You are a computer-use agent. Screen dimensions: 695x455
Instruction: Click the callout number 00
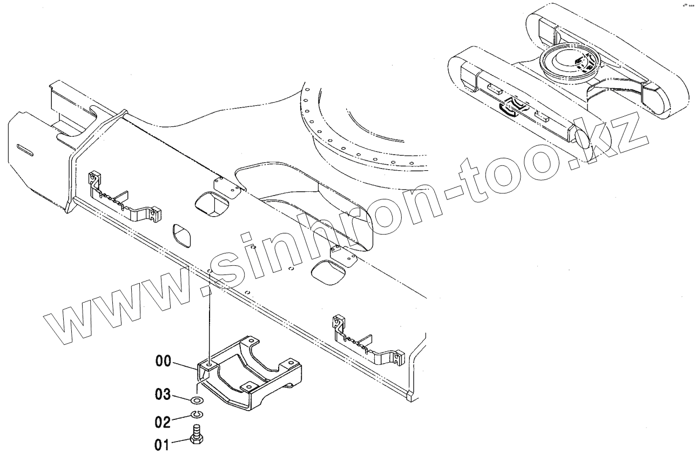pos(164,362)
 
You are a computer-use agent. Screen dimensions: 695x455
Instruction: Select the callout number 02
pos(164,420)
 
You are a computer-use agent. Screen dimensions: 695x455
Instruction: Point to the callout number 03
pos(164,395)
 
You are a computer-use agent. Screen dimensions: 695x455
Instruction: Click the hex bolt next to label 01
pos(197,433)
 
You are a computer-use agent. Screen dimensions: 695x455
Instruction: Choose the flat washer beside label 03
pos(198,400)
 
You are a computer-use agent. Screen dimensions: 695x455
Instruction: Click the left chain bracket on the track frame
pos(124,198)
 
